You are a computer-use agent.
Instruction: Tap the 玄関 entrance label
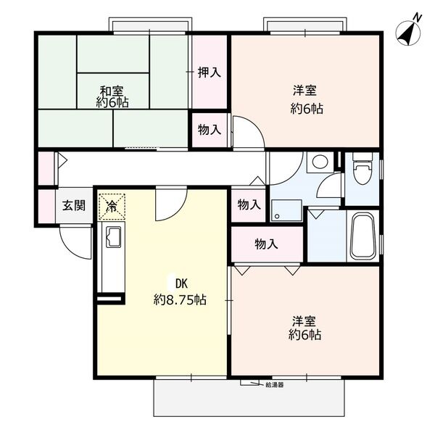[72, 205]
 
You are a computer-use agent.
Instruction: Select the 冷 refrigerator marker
[112, 205]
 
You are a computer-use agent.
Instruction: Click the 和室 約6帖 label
[114, 96]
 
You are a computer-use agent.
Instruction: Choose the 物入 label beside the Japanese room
[210, 130]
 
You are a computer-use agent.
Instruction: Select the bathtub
[362, 236]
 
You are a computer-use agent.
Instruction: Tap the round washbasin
[317, 162]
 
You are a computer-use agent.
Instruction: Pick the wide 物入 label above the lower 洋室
[266, 244]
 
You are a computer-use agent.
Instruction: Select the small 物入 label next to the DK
[249, 205]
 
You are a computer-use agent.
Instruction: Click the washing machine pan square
[287, 208]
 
